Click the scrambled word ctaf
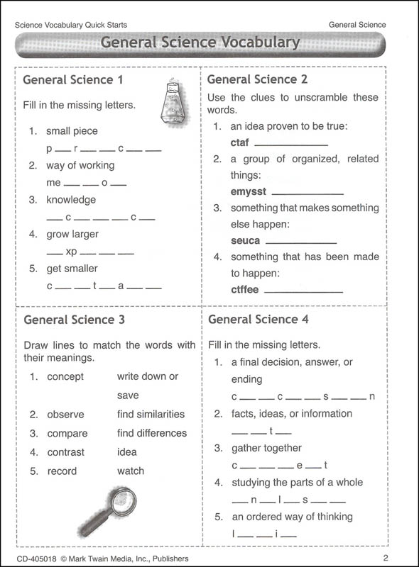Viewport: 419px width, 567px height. [239, 142]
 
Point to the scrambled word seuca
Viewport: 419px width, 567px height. [246, 240]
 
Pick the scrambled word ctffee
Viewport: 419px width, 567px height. [246, 289]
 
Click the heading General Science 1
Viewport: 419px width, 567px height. [73, 79]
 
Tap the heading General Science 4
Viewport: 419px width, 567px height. [259, 320]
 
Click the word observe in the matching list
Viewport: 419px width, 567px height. [65, 415]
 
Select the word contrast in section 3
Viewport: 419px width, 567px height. [65, 452]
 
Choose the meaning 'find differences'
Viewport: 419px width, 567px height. [152, 433]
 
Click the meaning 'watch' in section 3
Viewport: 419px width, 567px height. [131, 471]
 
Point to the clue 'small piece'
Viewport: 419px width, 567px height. [72, 131]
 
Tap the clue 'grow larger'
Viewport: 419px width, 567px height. [72, 234]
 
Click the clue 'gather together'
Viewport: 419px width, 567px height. [266, 448]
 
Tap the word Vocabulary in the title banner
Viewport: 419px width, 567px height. [254, 43]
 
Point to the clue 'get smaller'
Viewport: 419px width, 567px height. [72, 269]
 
